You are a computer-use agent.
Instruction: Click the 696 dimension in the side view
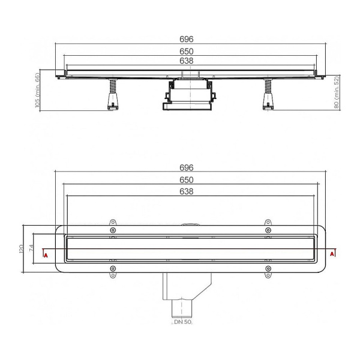[187, 39]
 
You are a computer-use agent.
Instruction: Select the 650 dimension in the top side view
[187, 51]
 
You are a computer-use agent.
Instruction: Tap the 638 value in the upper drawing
[187, 61]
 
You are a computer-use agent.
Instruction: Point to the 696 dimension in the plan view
[187, 167]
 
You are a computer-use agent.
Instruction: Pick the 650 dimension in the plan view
[187, 180]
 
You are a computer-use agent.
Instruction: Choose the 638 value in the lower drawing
[187, 191]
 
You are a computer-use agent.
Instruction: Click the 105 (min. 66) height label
[37, 90]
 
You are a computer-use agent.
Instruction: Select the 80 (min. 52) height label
[337, 92]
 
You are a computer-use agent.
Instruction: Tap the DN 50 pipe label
[182, 322]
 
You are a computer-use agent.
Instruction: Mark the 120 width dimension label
[21, 249]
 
